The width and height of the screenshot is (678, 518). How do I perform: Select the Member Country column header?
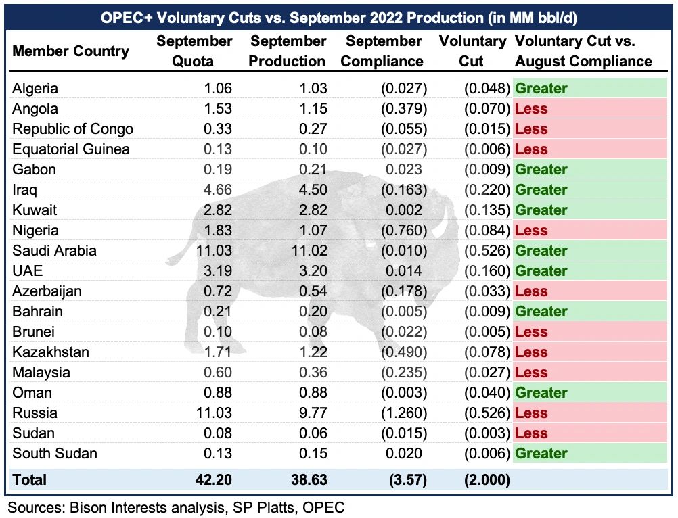(70, 51)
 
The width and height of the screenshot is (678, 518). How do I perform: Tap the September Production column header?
(287, 51)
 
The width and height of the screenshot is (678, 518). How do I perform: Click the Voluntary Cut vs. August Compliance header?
(583, 51)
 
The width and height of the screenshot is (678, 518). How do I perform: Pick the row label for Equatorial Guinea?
(71, 149)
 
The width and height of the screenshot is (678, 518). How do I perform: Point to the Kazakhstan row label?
(51, 352)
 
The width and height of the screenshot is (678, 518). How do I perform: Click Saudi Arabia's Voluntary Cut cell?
(485, 250)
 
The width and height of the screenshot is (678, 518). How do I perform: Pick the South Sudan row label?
(55, 453)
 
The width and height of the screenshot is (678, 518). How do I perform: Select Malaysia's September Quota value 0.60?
(216, 372)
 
